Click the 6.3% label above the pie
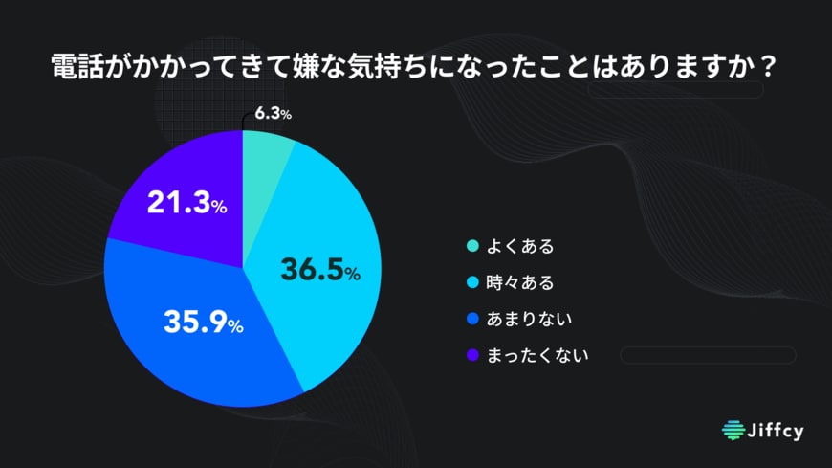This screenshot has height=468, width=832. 273,114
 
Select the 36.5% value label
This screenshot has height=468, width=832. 319,271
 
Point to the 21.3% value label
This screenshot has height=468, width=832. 186,204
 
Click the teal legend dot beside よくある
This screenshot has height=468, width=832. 471,247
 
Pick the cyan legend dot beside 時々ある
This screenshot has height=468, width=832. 471,282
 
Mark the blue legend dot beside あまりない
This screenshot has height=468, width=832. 471,319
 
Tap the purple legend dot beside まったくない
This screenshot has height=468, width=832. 471,355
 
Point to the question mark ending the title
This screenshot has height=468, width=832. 770,69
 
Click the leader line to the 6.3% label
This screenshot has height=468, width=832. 246,119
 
